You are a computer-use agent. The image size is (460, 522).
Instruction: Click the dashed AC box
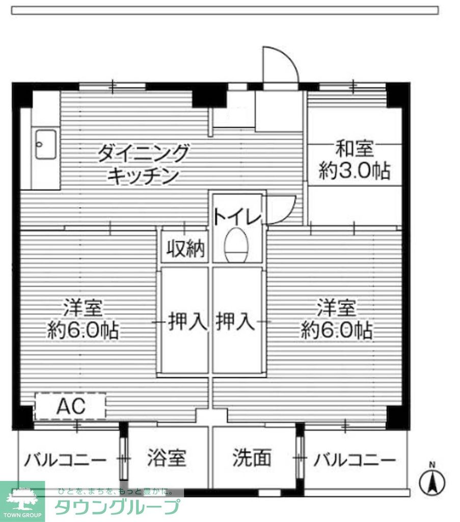[x=70, y=406]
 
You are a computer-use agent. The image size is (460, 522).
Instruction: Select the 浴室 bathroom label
[x=167, y=458]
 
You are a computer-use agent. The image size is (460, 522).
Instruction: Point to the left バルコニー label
[x=65, y=460]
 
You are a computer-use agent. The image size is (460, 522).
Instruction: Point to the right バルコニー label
[x=354, y=460]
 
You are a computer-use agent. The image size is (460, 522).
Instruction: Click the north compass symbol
[x=432, y=480]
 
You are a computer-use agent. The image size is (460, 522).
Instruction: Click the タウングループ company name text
[x=117, y=508]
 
